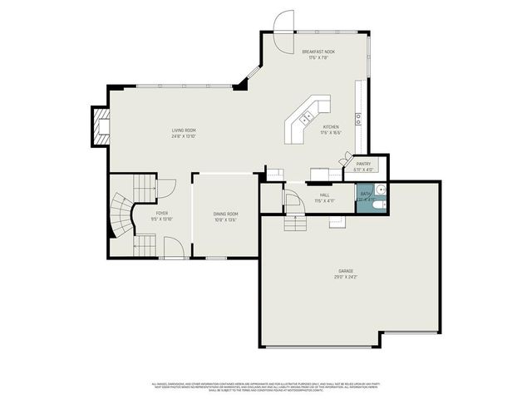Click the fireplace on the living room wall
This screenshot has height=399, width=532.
pos(101,127)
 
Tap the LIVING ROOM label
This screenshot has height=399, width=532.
pos(184,131)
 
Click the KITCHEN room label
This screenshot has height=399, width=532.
pos(331,127)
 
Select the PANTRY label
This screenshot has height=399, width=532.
pos(364,164)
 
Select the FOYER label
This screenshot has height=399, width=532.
pos(161,214)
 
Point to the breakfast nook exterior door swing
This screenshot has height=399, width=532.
pos(285,21)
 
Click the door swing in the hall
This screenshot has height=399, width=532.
pos(291,200)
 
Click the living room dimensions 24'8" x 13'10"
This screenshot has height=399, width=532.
pos(184,136)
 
